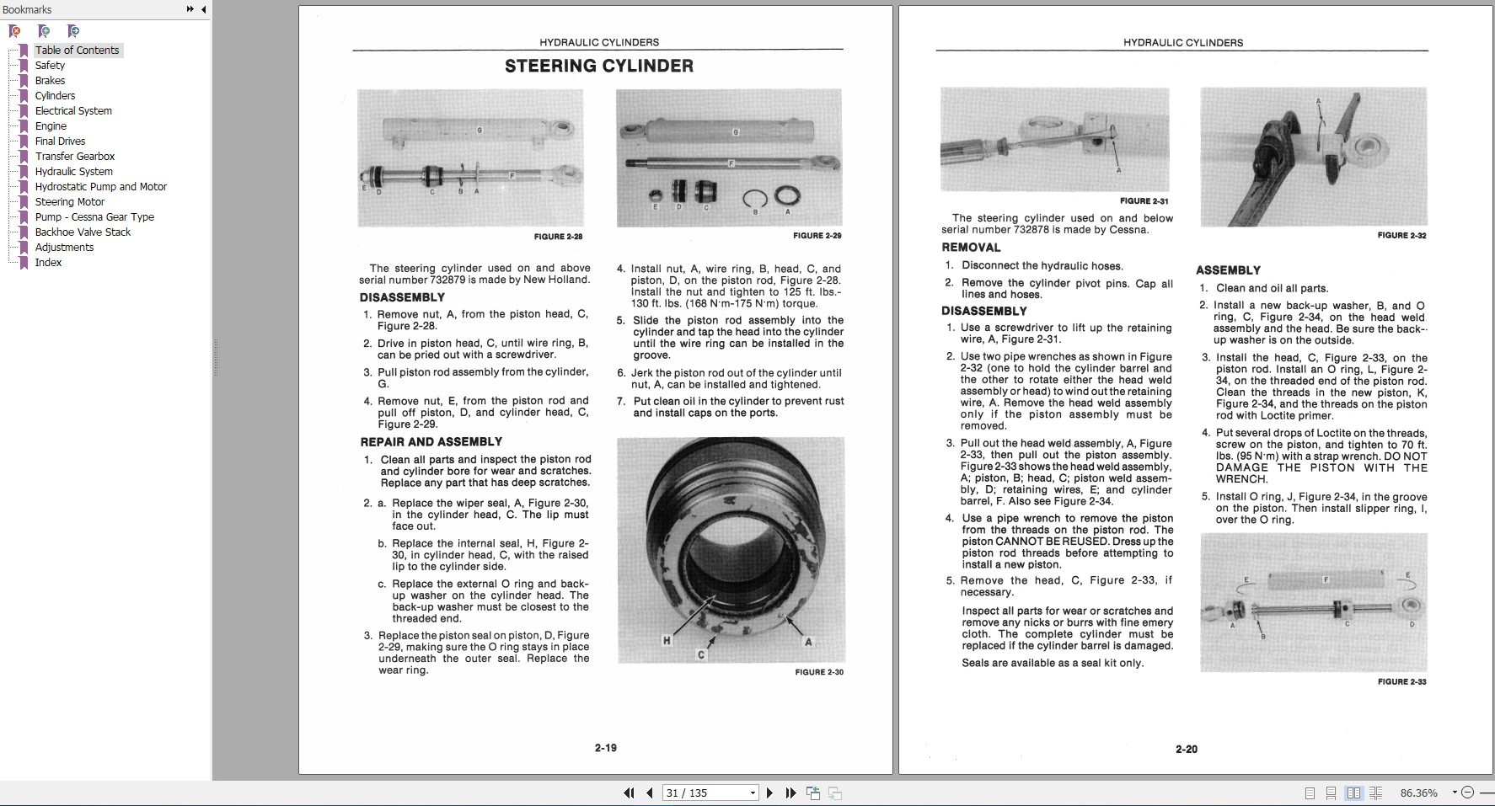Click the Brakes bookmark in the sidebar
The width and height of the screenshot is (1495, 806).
50,80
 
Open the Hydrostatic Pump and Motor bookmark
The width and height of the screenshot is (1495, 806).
100,186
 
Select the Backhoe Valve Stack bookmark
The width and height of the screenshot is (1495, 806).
83,232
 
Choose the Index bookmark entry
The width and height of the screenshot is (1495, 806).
48,262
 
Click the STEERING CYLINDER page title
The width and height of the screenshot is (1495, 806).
599,66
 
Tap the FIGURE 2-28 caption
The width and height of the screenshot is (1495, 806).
558,237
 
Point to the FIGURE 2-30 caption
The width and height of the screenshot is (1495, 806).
819,672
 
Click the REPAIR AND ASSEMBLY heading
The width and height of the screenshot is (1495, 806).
431,441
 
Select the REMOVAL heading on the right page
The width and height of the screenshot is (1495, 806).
971,248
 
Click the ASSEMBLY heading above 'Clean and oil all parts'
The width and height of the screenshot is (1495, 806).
1228,270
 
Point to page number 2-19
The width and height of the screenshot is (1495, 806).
606,748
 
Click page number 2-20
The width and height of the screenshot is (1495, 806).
1187,749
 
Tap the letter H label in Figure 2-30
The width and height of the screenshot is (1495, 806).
667,641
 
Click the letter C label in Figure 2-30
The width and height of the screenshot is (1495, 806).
700,654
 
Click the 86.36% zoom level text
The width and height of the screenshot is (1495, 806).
1418,793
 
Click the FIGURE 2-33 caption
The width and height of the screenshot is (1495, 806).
1402,681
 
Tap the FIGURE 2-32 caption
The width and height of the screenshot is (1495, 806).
1402,235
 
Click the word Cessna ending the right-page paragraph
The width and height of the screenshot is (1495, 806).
1128,229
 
